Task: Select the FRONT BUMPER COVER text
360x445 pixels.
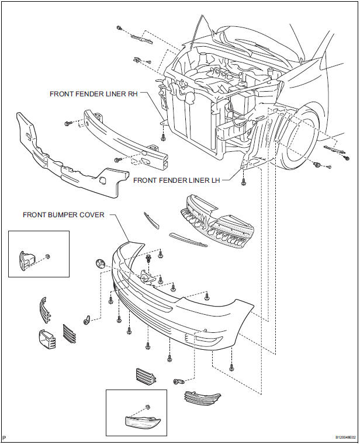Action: (64, 215)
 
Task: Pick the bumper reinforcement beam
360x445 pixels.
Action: (129, 138)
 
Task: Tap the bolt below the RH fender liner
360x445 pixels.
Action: (164, 138)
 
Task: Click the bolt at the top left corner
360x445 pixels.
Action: (119, 28)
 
